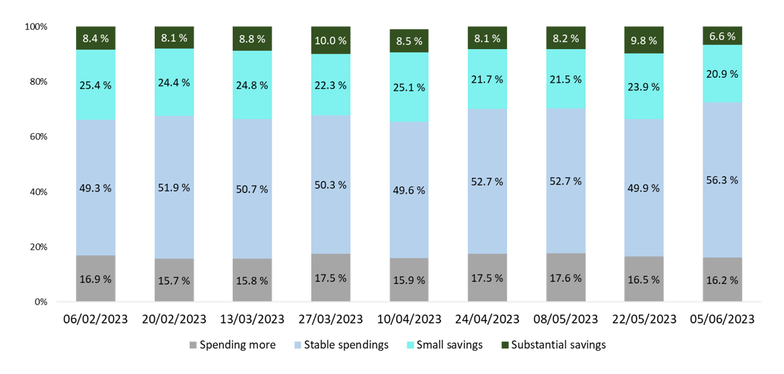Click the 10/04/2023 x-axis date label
click(409, 318)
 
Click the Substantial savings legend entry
click(559, 345)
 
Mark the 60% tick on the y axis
click(37, 137)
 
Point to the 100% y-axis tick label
click(35, 27)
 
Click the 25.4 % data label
click(95, 85)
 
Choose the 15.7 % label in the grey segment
click(173, 280)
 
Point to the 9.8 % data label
click(644, 40)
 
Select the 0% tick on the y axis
click(41, 302)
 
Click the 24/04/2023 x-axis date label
click(487, 318)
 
